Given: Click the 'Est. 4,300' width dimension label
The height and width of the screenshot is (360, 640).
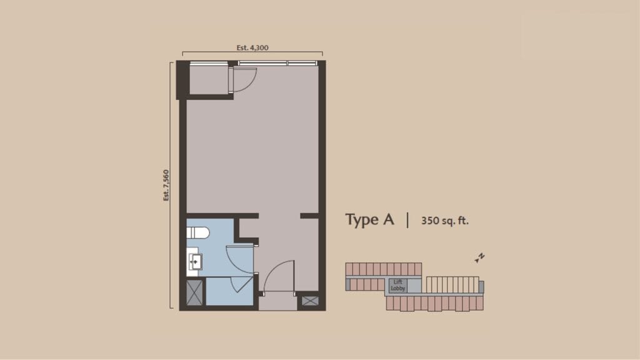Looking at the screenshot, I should [253, 47].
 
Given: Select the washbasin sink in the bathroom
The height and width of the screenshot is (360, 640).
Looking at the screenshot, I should [194, 259].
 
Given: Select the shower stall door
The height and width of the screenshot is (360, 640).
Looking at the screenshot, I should [241, 284].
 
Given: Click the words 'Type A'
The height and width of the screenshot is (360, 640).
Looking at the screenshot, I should [370, 220].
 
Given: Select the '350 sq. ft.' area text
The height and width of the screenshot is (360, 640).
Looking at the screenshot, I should [445, 221].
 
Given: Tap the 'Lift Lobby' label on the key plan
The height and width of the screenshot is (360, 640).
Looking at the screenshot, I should [398, 285].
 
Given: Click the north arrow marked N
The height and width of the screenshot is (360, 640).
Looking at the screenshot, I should [481, 257].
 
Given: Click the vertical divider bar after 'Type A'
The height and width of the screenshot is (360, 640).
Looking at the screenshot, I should [408, 220].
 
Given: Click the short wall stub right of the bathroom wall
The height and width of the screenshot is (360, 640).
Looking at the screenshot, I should [309, 216].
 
